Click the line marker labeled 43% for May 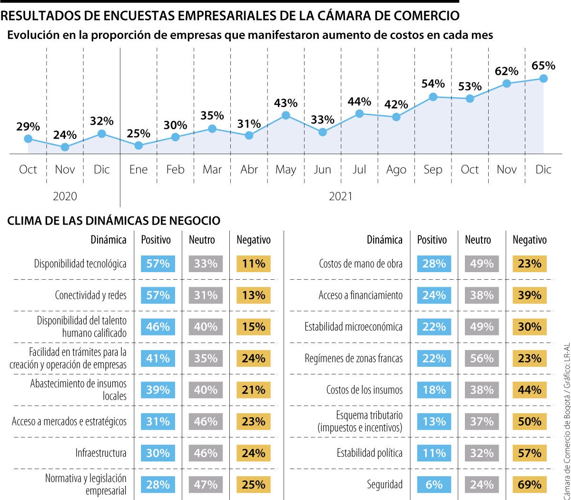point(285,115)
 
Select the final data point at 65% point(543,78)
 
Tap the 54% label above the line point(433,84)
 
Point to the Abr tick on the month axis point(249,169)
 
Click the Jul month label point(359,169)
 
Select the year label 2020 point(65,196)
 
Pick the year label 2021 point(341,196)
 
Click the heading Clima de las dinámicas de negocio point(114,221)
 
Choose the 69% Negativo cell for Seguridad point(530,485)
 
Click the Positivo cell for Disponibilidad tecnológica point(158,264)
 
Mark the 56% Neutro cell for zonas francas point(482,358)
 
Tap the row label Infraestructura point(101,453)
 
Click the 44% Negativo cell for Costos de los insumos point(530,390)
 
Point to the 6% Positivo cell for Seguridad point(434,485)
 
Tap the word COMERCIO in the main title point(425,16)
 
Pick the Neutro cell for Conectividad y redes point(206,295)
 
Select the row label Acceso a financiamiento point(360,295)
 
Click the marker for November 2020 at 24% point(65,147)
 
